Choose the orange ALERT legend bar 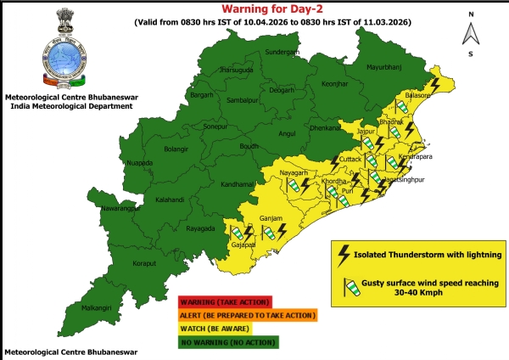click(x=247, y=315)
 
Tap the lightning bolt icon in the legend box click(x=344, y=253)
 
